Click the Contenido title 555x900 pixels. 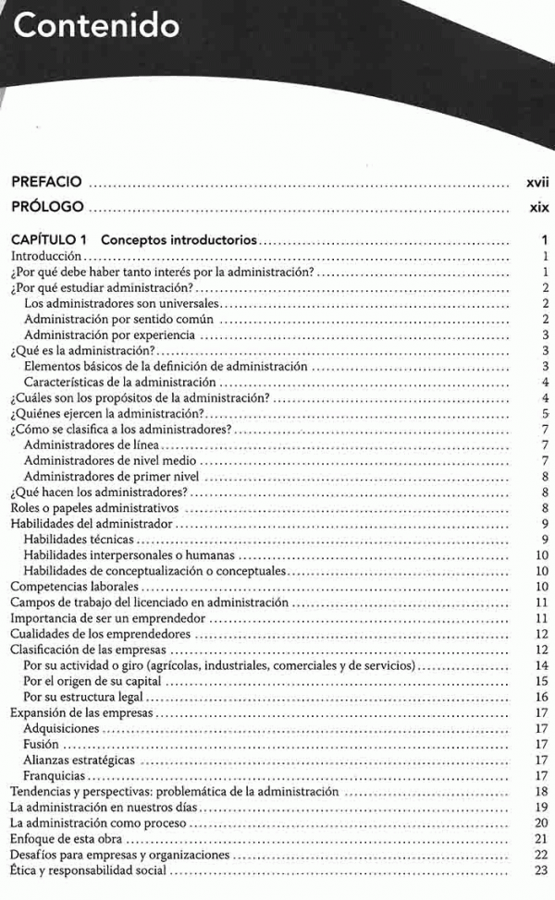[97, 26]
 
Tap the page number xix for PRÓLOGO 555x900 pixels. [539, 207]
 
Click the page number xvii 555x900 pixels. [537, 181]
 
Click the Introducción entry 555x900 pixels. [47, 255]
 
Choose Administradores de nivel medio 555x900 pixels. [111, 460]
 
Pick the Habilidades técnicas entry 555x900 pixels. [79, 540]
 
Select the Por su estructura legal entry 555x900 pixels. [86, 697]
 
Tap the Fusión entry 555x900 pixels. [42, 744]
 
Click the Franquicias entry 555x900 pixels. [55, 775]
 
